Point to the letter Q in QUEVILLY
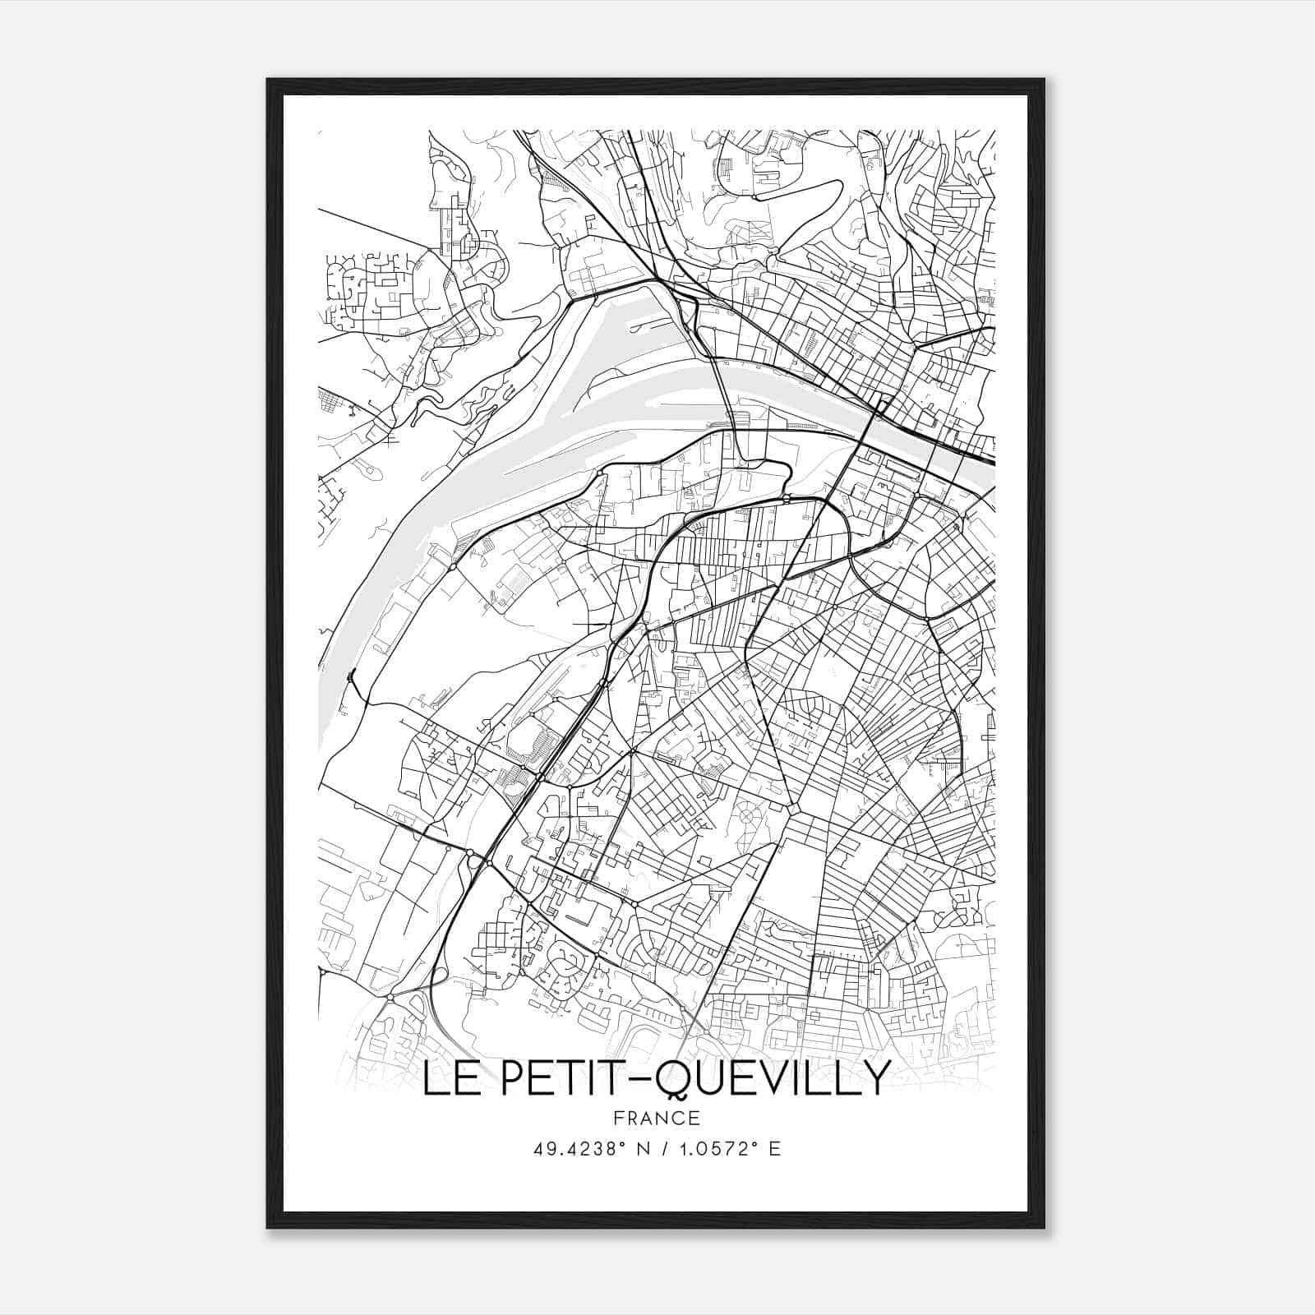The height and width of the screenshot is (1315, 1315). pos(679,1080)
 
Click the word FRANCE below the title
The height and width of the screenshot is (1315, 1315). pos(657,1118)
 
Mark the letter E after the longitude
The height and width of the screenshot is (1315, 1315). pos(774,1149)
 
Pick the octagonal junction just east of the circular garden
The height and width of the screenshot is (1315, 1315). pos(794,810)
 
